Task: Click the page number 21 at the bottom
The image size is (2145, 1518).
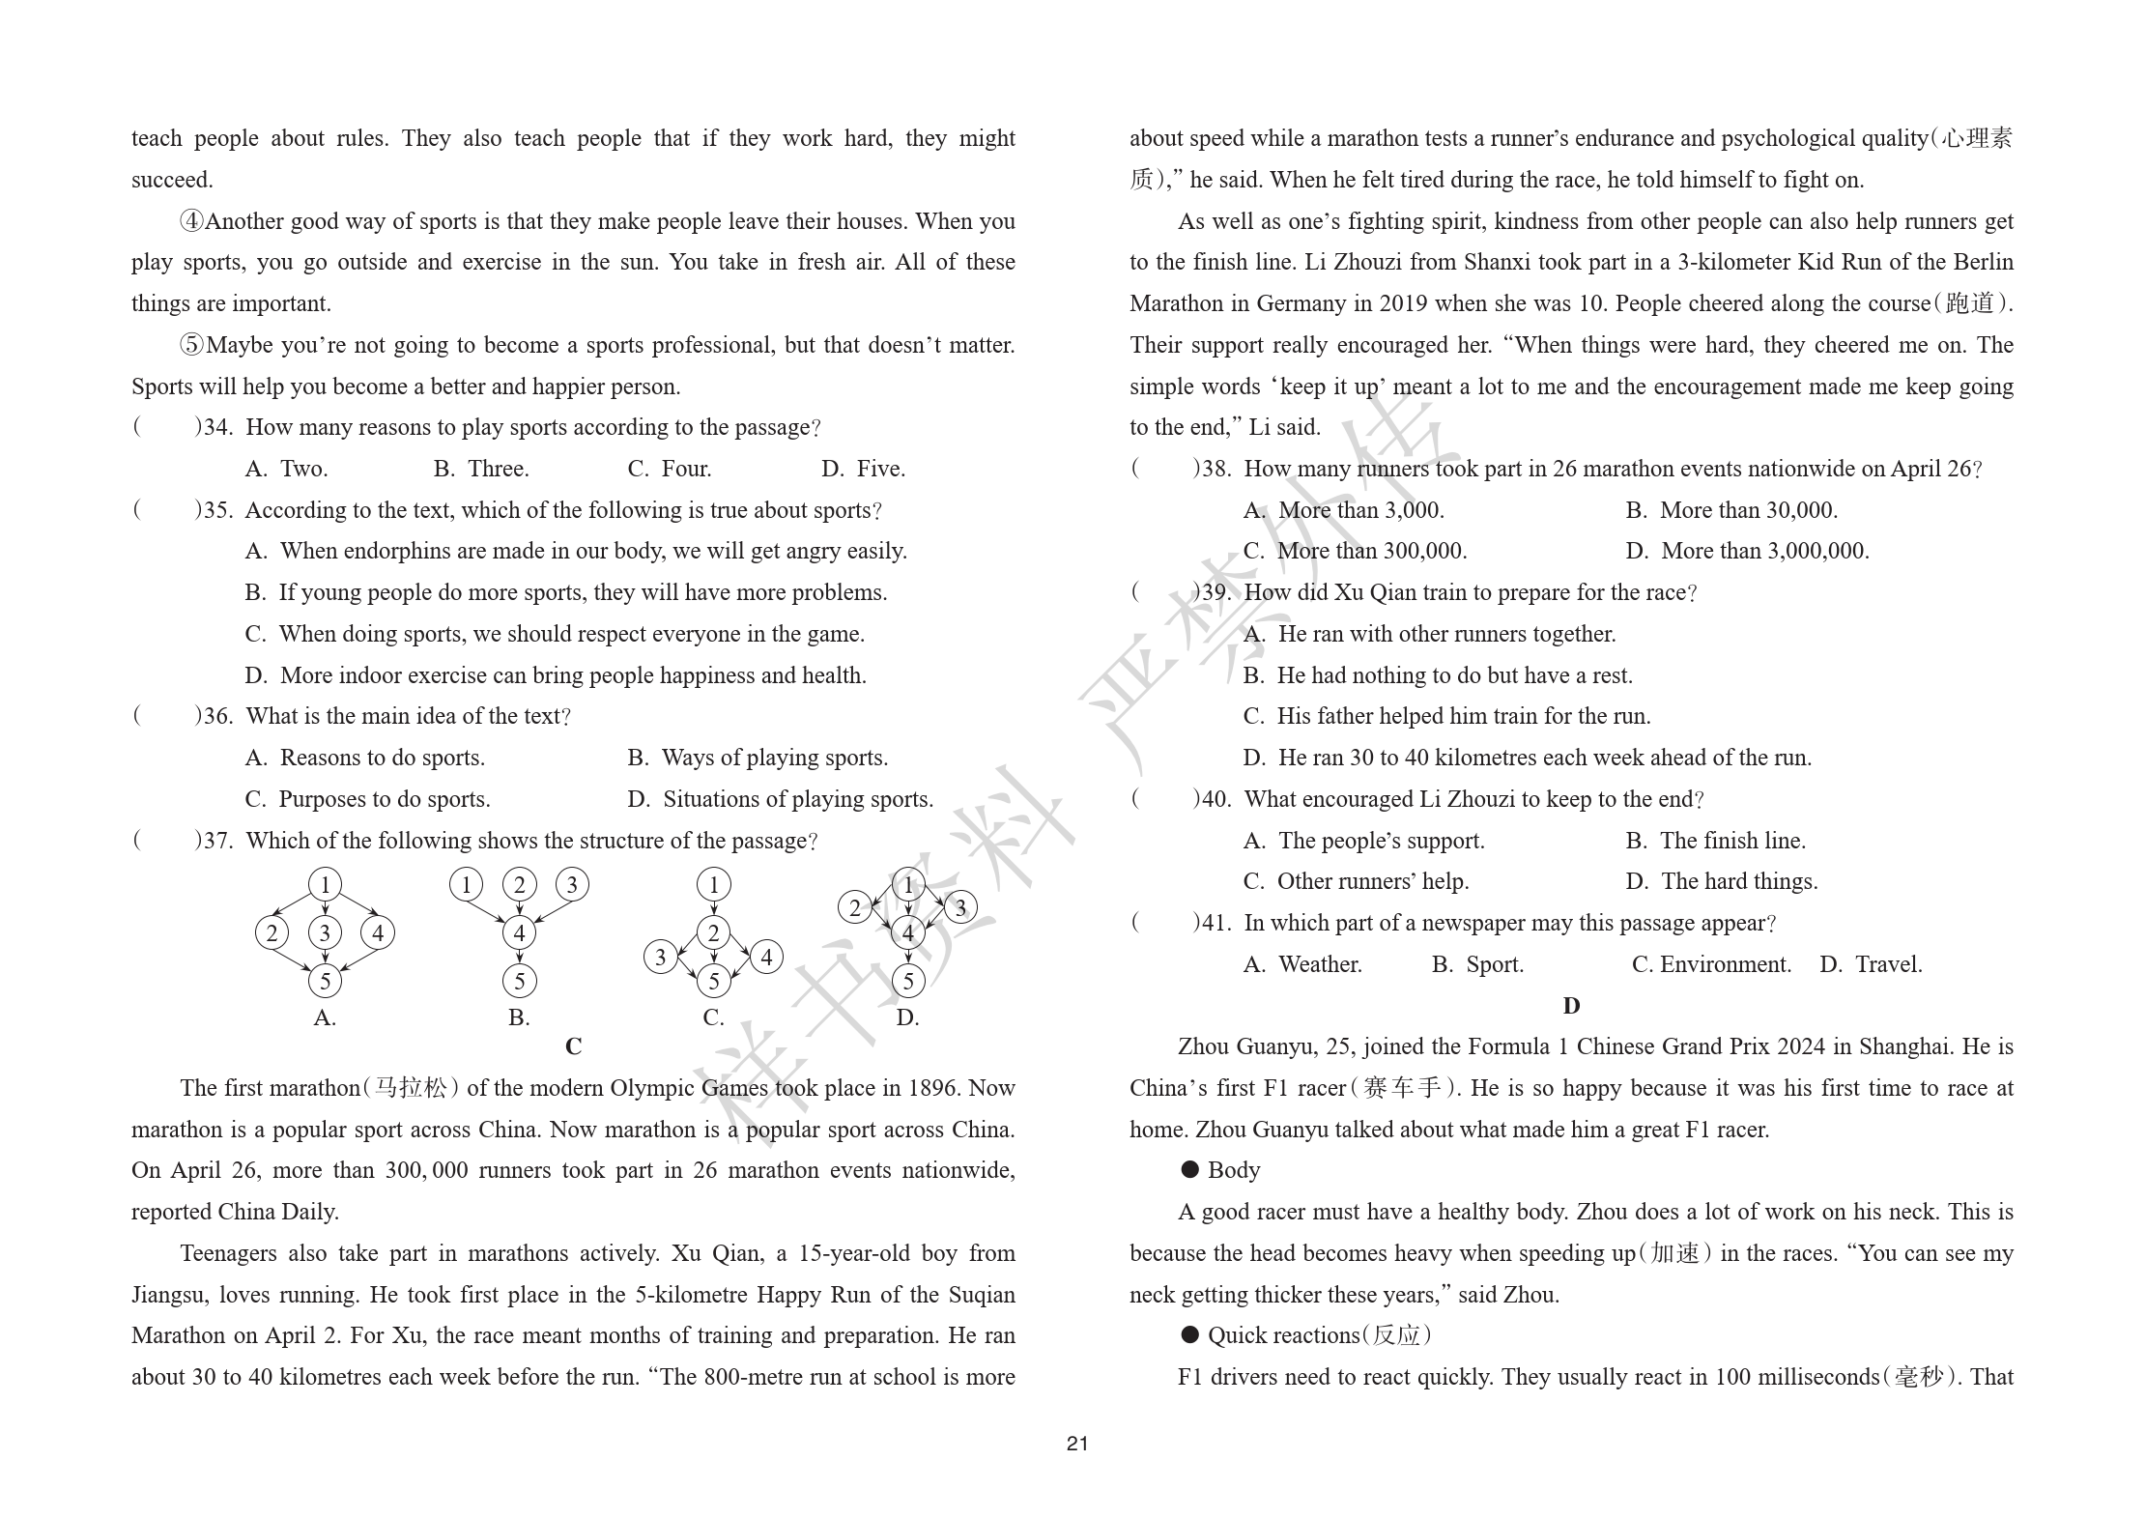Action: click(x=1077, y=1443)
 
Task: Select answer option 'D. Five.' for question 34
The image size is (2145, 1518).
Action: click(x=863, y=469)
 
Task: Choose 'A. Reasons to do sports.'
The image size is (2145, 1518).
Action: click(x=365, y=758)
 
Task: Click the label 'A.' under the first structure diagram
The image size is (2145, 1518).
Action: click(x=325, y=1017)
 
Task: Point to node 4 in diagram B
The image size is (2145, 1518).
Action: click(x=520, y=932)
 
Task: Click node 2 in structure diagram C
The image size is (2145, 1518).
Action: click(x=713, y=932)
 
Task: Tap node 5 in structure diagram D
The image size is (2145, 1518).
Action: click(x=907, y=981)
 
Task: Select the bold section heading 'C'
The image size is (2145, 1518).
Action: click(x=573, y=1046)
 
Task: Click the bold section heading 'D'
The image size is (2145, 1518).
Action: click(x=1571, y=1006)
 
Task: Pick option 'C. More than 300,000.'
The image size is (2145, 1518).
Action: click(x=1355, y=551)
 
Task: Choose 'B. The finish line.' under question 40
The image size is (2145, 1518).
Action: click(x=1715, y=841)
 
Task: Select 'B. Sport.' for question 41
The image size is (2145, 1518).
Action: click(x=1477, y=964)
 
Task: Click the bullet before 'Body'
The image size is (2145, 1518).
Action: click(x=1190, y=1170)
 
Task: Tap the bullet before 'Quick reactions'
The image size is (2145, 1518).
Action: click(x=1190, y=1335)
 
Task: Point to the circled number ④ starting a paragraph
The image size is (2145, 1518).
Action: click(x=192, y=221)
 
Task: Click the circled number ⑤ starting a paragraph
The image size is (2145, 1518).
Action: click(x=192, y=345)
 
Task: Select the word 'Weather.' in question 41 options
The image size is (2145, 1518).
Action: click(x=1320, y=964)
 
